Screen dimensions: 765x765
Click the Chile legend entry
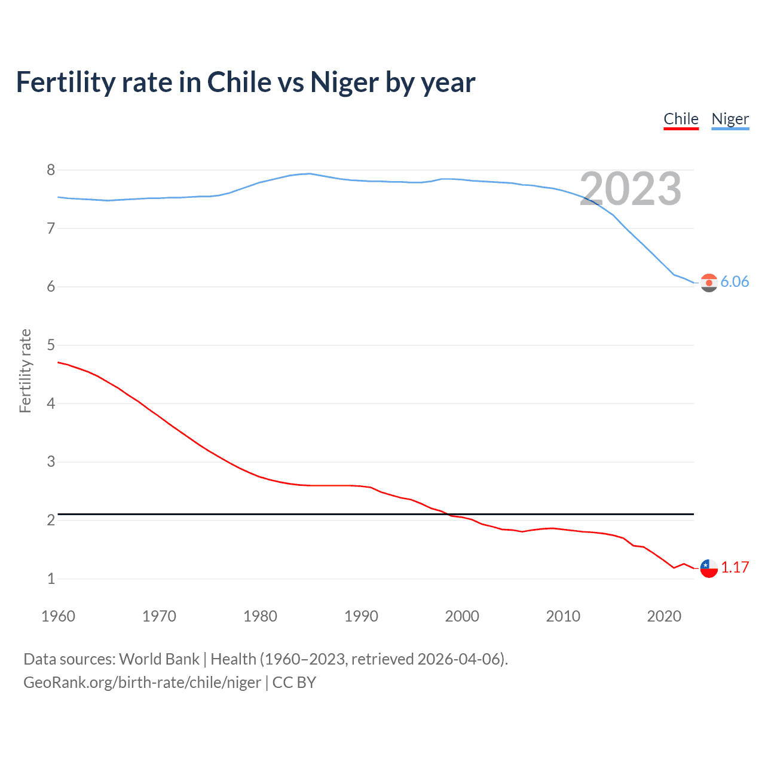click(681, 119)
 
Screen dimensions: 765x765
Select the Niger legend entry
click(730, 119)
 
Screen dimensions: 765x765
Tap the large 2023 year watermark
click(630, 189)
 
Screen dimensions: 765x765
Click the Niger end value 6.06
click(735, 281)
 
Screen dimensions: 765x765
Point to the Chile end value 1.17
click(735, 567)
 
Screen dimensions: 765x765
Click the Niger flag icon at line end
click(709, 283)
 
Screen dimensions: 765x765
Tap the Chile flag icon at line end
click(709, 568)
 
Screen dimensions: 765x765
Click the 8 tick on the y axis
click(51, 170)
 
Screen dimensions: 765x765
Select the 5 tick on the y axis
click(51, 345)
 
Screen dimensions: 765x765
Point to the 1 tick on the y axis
click(51, 579)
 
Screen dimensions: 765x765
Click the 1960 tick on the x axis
click(58, 616)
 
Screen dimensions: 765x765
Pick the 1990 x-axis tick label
click(361, 616)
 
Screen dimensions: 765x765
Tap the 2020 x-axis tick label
click(664, 616)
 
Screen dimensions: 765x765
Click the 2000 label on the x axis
click(462, 616)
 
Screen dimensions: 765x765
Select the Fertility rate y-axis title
click(25, 371)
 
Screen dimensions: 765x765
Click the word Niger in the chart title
click(344, 82)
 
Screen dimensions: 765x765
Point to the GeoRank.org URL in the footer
click(142, 683)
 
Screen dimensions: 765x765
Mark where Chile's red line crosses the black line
click(447, 513)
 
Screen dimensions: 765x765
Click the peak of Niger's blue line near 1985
click(309, 173)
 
